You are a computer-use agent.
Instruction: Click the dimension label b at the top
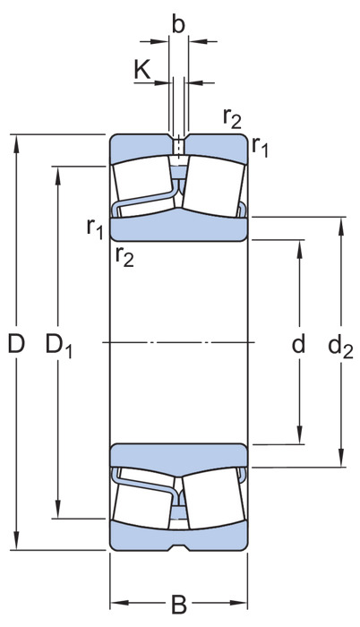[x=178, y=25]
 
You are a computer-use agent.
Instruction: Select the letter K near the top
[x=142, y=70]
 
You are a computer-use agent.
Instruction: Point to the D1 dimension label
[x=58, y=346]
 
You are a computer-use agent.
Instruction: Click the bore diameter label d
[x=298, y=343]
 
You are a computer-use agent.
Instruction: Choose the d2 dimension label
[x=340, y=347]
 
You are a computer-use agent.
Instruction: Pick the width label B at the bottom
[x=179, y=605]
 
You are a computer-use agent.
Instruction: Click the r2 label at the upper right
[x=233, y=118]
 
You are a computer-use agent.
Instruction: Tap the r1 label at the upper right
[x=260, y=146]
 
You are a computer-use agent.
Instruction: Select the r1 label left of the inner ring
[x=95, y=229]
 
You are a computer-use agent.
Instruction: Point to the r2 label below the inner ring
[x=124, y=256]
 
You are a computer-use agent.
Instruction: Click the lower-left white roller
[x=143, y=498]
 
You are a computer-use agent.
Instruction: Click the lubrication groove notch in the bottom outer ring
[x=178, y=547]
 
